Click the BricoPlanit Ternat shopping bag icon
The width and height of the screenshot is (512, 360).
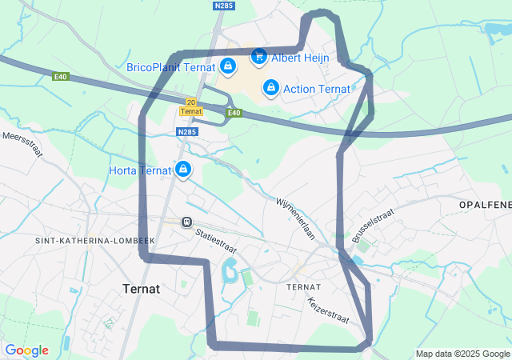[228, 66]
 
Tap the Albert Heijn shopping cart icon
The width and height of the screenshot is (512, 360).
[258, 56]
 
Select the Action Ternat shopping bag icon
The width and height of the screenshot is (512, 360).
[271, 87]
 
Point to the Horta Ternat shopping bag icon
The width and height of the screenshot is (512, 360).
[183, 169]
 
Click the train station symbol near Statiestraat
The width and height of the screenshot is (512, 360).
[186, 222]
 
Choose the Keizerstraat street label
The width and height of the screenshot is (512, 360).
[328, 310]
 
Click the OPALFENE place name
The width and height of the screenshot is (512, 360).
[485, 206]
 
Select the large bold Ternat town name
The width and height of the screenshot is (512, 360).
[142, 288]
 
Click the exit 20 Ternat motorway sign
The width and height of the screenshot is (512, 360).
[190, 106]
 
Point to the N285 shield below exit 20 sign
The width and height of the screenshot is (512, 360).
[187, 132]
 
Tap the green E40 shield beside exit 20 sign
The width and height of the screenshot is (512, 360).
[233, 113]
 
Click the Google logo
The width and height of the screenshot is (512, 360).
[26, 350]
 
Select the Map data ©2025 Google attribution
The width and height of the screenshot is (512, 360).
[462, 354]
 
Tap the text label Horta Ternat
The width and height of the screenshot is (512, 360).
[140, 170]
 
